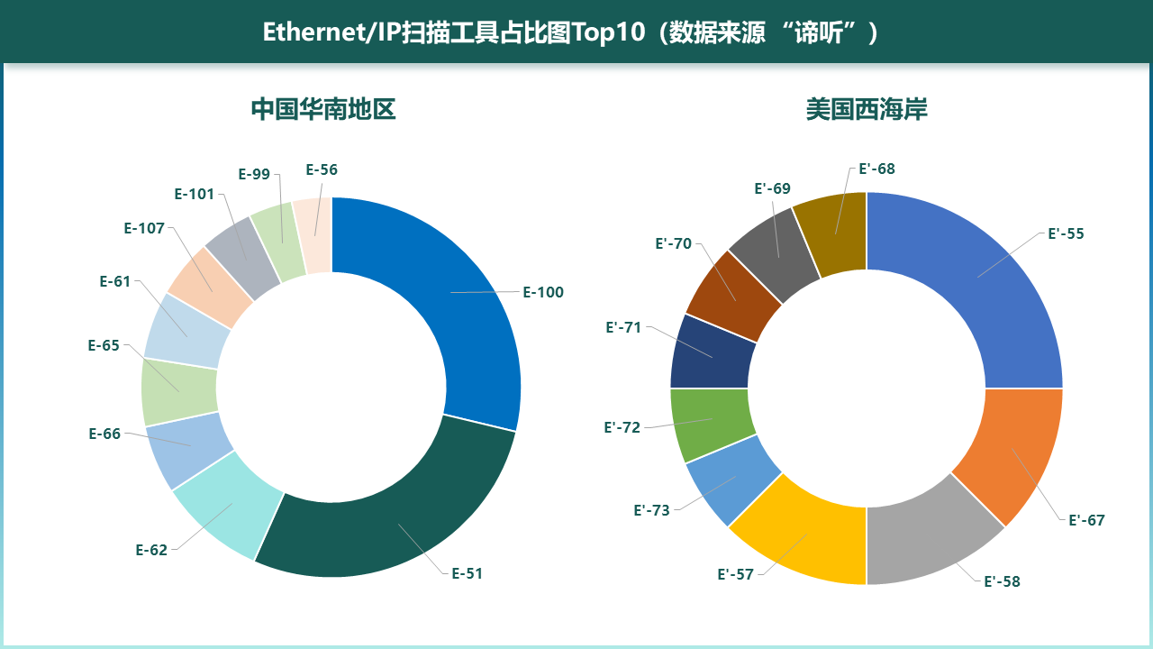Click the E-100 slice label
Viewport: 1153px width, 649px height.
(x=543, y=292)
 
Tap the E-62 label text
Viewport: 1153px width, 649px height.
(x=151, y=550)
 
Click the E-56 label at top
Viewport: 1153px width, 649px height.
(x=322, y=169)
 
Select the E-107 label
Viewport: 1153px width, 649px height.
(x=144, y=228)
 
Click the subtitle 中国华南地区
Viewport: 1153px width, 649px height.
(x=323, y=110)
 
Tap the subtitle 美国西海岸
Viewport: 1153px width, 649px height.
(x=867, y=110)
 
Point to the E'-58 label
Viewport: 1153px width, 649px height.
(x=1002, y=581)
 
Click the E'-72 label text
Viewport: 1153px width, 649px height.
(x=622, y=427)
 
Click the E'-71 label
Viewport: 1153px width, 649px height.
(x=623, y=327)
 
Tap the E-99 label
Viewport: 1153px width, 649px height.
(x=254, y=174)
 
